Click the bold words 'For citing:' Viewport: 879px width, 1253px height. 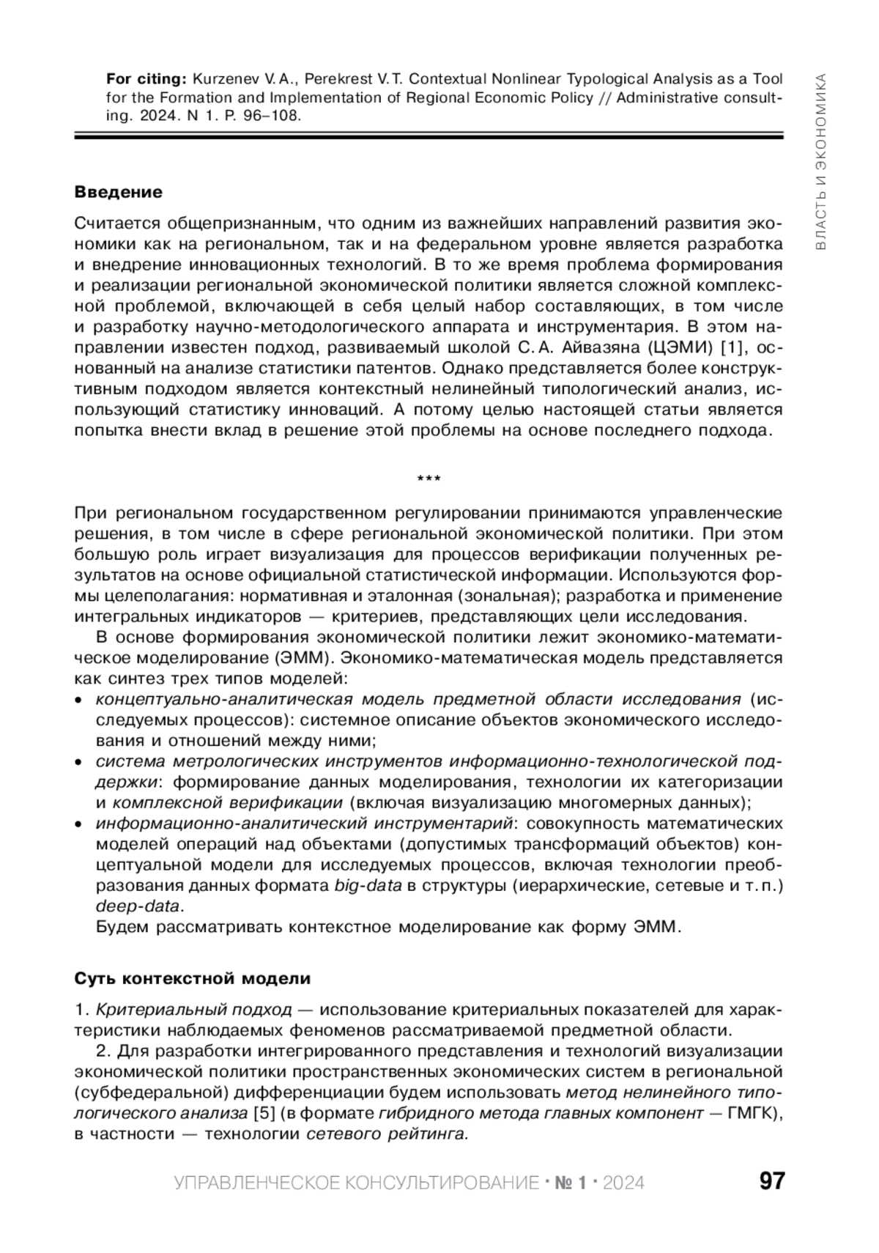click(147, 79)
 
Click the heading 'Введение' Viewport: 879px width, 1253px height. click(118, 192)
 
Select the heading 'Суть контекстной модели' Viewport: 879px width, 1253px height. click(193, 978)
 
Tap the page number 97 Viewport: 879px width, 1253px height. click(771, 1181)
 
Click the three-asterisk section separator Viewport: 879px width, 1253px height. click(429, 479)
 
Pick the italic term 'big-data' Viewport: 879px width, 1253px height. click(368, 885)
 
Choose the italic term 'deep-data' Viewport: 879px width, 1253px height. click(137, 906)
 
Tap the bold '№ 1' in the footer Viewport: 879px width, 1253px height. click(571, 1183)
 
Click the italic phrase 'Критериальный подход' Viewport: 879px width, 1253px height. click(193, 1010)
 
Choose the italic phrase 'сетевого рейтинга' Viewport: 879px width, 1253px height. click(386, 1134)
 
